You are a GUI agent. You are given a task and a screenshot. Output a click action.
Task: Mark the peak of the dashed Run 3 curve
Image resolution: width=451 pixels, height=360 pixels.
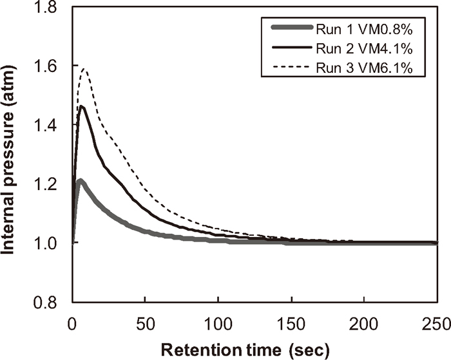83,68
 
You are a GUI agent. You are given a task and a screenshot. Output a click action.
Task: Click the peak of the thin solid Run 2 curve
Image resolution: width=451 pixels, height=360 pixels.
81,106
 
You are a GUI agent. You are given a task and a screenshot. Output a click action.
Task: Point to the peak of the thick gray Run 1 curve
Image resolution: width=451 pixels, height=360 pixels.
79,182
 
